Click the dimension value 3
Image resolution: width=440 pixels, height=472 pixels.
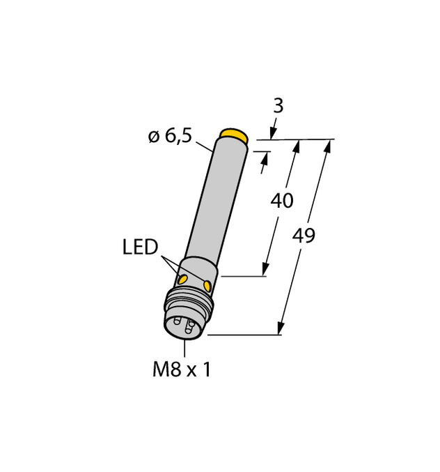(278, 106)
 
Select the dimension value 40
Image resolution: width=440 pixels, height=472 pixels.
(281, 201)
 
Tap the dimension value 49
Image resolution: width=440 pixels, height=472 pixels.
(304, 236)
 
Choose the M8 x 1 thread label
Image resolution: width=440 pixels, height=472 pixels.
(181, 370)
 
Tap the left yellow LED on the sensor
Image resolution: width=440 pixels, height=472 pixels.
(183, 279)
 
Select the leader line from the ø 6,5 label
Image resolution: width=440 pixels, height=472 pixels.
(204, 146)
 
